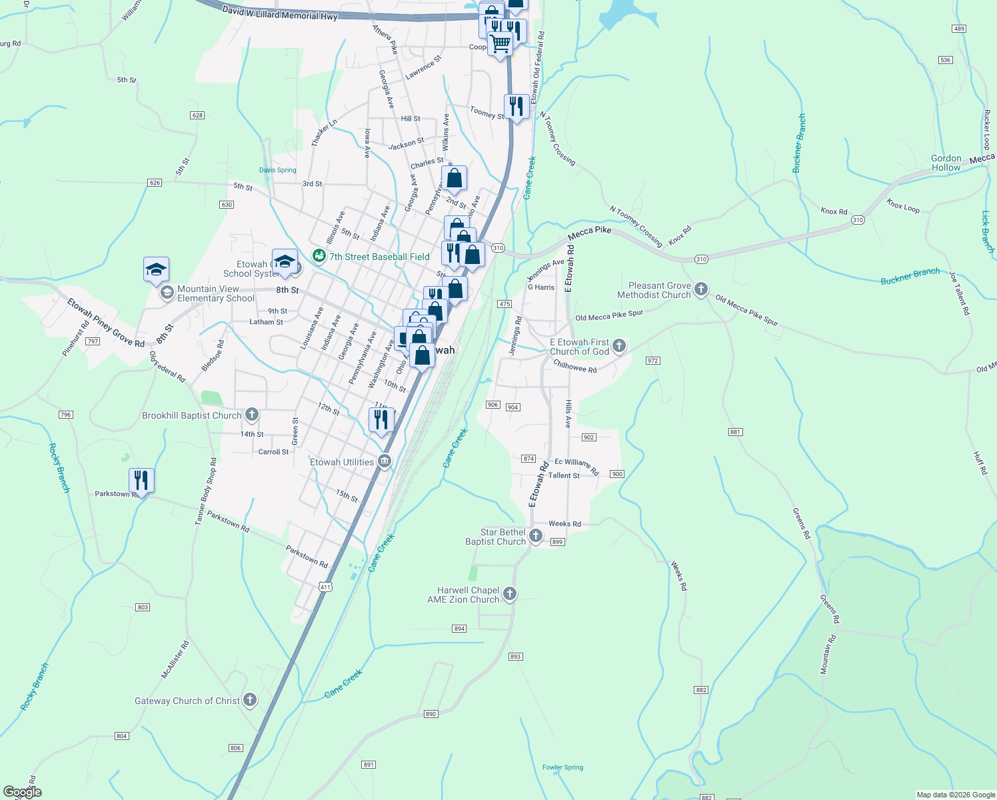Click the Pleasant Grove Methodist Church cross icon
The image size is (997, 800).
(700, 289)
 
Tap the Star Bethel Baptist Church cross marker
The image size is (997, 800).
(536, 536)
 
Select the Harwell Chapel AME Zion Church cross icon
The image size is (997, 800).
(510, 594)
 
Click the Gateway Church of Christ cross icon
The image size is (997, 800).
(250, 700)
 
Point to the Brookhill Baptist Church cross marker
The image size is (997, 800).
(252, 415)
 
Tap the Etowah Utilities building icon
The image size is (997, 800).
(385, 461)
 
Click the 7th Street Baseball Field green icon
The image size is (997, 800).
(319, 256)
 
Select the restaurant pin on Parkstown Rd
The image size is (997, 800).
(141, 481)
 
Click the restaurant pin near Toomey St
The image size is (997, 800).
(516, 107)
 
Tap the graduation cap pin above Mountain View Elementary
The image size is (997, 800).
(156, 270)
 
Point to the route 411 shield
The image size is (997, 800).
(325, 587)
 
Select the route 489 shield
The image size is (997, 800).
(959, 29)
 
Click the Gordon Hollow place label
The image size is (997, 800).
(946, 163)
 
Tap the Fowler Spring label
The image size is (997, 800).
(562, 767)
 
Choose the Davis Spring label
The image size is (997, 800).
(277, 170)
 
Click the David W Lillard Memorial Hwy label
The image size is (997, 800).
(280, 13)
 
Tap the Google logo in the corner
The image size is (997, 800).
(22, 792)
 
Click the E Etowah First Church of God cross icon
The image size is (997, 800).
(619, 345)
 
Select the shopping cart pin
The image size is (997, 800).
(500, 44)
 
